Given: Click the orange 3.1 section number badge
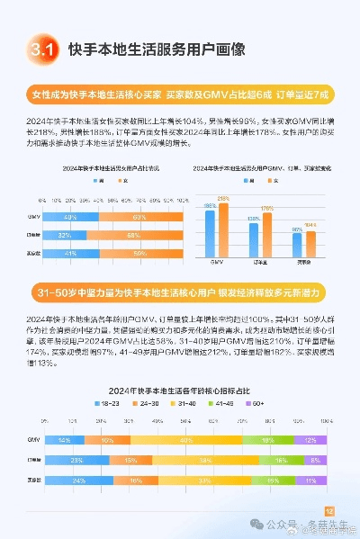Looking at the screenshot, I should click(x=42, y=49).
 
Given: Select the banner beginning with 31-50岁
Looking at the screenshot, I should click(x=180, y=294).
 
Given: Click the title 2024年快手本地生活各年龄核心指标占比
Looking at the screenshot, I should click(x=180, y=390).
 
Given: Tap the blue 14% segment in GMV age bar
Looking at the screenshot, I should click(x=64, y=440).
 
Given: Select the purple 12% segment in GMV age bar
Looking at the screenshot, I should click(x=310, y=440).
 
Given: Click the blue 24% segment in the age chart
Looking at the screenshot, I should click(x=77, y=481).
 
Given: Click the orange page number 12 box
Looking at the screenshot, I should click(x=328, y=509).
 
